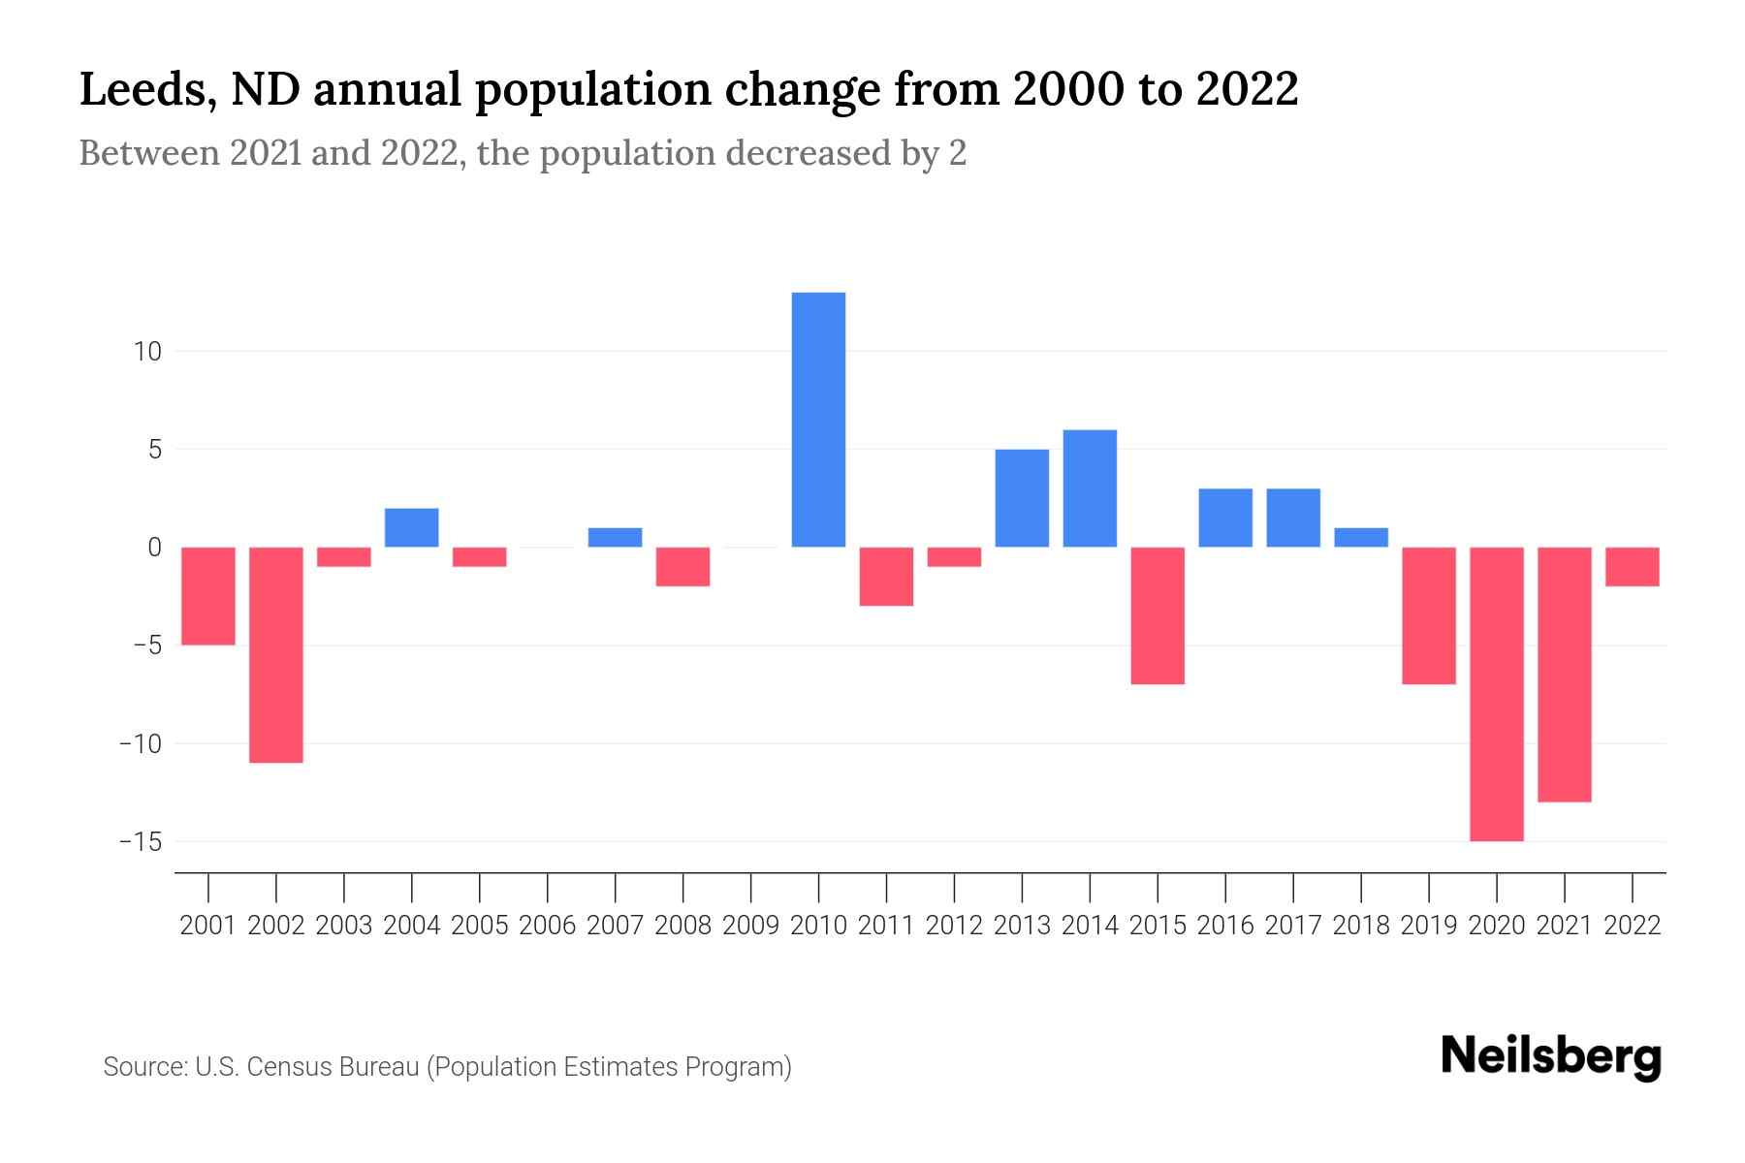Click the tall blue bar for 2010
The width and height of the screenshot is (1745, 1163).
click(818, 420)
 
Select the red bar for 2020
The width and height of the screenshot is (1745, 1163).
click(1497, 694)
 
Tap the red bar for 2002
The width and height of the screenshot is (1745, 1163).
click(276, 655)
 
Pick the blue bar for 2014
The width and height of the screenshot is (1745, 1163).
click(1090, 488)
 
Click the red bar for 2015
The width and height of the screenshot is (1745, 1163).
click(1158, 615)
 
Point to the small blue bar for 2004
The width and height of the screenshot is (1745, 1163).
click(412, 527)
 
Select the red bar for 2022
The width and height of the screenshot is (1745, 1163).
click(1633, 567)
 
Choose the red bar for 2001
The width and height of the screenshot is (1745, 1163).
click(208, 596)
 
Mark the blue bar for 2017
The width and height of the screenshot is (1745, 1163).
click(1293, 518)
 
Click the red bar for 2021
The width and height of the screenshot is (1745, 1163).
click(1565, 675)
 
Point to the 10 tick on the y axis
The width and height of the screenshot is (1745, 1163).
click(147, 351)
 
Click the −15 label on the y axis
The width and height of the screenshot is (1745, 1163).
click(141, 841)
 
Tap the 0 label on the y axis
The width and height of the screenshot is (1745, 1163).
click(154, 548)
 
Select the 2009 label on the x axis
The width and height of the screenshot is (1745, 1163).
click(750, 926)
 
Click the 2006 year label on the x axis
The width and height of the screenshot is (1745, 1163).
click(547, 926)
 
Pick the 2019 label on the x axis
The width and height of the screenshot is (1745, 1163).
click(1429, 926)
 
